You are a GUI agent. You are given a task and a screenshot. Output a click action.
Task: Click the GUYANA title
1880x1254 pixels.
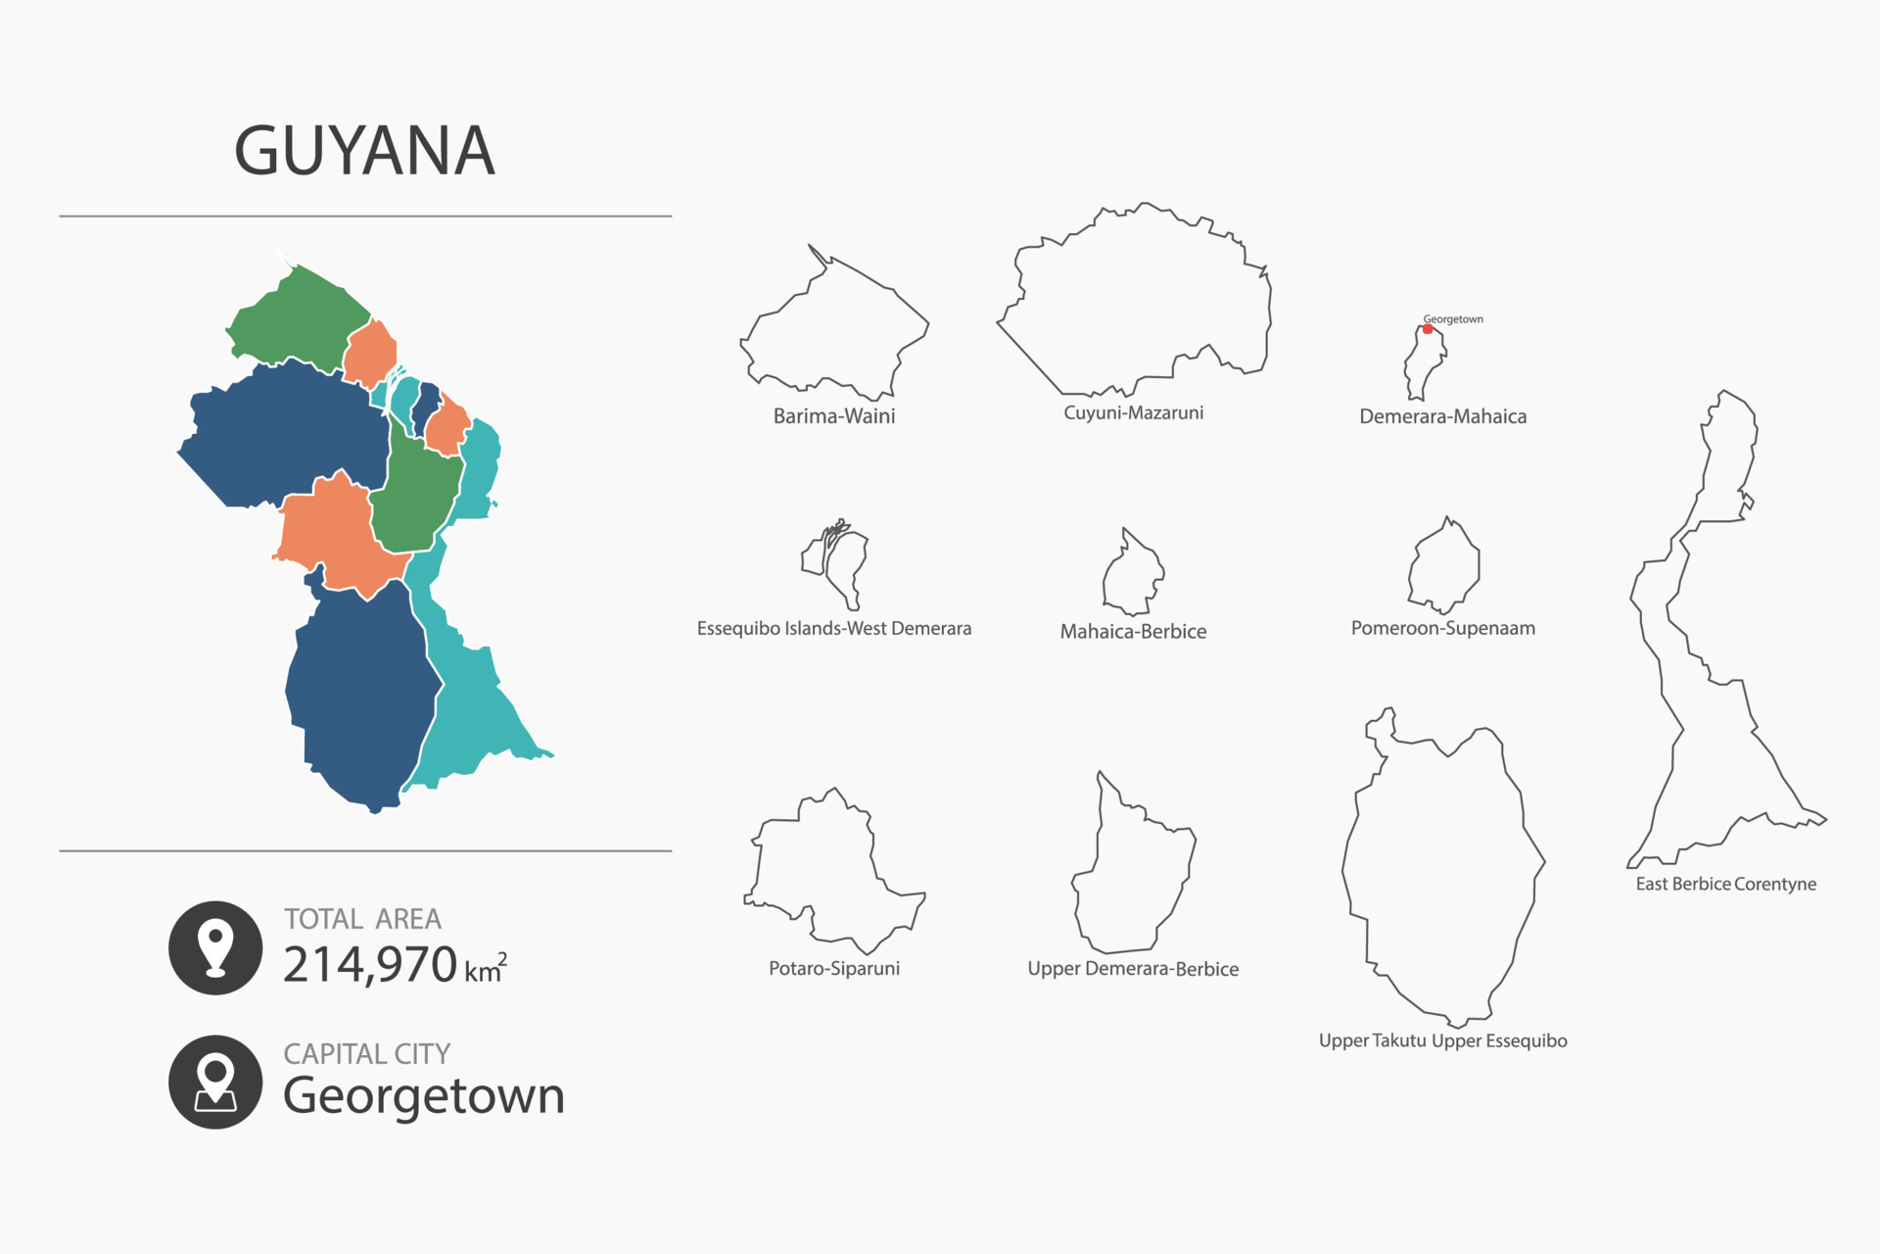point(364,151)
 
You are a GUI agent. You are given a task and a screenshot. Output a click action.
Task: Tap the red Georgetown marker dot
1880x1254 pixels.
point(1428,329)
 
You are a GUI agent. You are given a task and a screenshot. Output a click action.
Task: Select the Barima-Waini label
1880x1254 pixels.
point(834,416)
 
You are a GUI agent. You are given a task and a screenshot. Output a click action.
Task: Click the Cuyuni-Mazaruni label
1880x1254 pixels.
point(1134,413)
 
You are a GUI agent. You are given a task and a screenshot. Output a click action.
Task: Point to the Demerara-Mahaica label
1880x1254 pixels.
point(1442,416)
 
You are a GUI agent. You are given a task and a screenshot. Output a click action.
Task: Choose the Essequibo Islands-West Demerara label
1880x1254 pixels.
point(834,629)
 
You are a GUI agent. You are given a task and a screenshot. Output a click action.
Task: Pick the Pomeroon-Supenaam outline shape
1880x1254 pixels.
point(1444,568)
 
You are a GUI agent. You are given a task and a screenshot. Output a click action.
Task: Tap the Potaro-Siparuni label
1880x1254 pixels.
point(834,969)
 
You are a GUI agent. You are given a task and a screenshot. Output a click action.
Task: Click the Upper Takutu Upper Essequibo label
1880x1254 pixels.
point(1442,1040)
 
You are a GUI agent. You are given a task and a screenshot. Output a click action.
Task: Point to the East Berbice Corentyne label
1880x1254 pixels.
point(1725,884)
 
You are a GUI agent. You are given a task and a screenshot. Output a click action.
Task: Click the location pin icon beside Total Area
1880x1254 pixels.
point(215,947)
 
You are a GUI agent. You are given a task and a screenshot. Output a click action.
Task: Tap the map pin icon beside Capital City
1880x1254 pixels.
point(215,1082)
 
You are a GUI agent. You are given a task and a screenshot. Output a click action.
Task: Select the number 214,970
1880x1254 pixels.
point(370,965)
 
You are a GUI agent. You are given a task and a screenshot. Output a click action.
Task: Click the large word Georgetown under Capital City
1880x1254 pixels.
point(424,1095)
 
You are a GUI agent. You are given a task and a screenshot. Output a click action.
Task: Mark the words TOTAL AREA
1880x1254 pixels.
point(362,919)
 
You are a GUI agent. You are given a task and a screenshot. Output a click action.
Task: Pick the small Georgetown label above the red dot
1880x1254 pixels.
point(1453,319)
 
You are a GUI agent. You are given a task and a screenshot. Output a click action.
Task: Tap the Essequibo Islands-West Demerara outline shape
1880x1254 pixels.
point(840,563)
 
